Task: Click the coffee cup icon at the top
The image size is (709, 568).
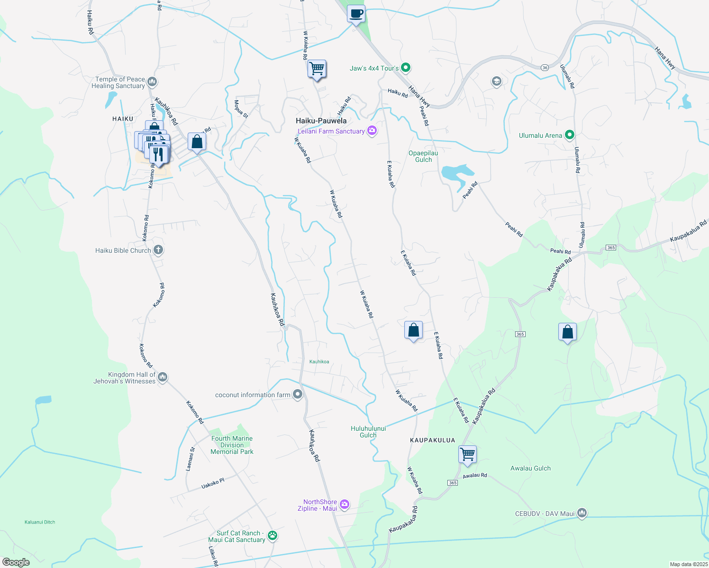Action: (356, 14)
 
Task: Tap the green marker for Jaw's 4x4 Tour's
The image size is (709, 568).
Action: (405, 68)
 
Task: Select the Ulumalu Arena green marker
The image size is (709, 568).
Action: (570, 135)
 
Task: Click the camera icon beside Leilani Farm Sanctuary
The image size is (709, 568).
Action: (372, 131)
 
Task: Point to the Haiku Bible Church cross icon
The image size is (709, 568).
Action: (158, 250)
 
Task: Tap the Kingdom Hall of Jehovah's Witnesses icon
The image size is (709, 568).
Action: (163, 377)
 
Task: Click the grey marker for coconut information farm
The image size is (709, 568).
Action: (298, 394)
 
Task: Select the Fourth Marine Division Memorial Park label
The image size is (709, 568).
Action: (232, 445)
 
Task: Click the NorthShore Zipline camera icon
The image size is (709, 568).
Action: (345, 505)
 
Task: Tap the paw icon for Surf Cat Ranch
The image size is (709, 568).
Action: (273, 536)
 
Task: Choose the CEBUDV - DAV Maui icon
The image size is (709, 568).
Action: (582, 513)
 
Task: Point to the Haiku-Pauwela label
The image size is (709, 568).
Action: (321, 121)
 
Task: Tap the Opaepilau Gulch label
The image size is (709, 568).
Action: (423, 156)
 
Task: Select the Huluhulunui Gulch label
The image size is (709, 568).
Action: (368, 432)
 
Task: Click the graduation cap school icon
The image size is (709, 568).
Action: (496, 81)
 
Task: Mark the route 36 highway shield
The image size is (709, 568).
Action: (545, 67)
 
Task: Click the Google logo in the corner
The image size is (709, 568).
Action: (16, 562)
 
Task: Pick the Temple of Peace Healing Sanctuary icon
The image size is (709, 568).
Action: (152, 82)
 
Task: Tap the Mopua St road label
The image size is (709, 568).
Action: (241, 108)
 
